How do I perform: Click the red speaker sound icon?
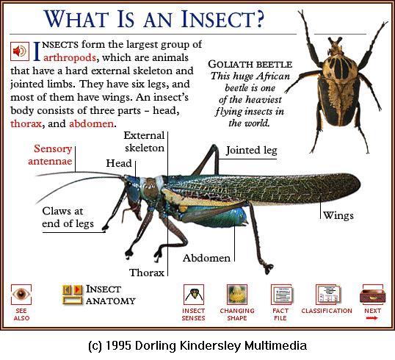click(20, 51)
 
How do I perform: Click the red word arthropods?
click(70, 58)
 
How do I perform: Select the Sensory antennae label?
click(50, 155)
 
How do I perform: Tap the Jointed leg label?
click(251, 151)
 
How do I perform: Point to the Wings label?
click(338, 215)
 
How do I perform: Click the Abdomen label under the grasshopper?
click(206, 258)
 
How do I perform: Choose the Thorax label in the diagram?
click(147, 273)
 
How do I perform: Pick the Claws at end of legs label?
click(68, 217)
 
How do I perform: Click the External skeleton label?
click(144, 142)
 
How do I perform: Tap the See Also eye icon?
click(21, 295)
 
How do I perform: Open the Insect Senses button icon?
click(194, 295)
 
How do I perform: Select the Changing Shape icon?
click(237, 295)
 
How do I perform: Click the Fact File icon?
click(281, 295)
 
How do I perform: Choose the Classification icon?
click(327, 295)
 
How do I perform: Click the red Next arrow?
click(372, 318)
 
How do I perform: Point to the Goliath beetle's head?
click(336, 46)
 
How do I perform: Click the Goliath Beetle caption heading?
click(250, 65)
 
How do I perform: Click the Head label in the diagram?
click(119, 163)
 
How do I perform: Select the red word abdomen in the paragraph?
click(92, 123)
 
